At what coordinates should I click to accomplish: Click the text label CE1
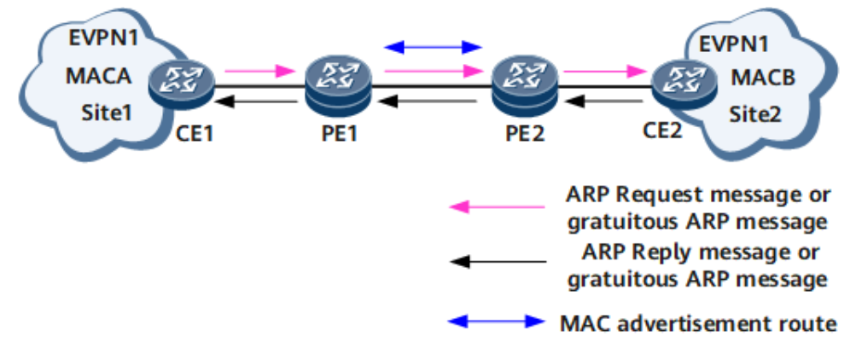[187, 134]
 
